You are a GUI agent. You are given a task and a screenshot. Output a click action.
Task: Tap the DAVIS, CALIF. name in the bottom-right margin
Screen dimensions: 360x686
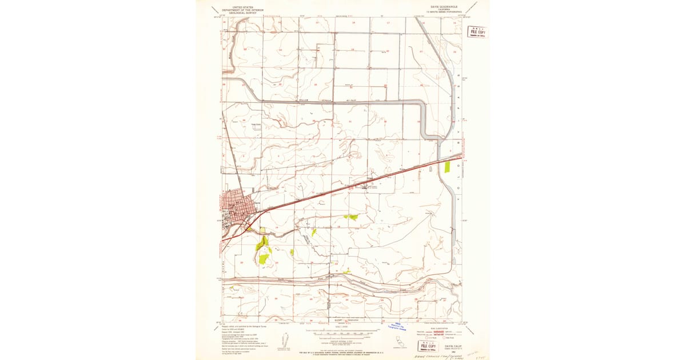click(x=455, y=345)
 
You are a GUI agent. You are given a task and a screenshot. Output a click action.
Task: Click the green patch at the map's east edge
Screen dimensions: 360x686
click(x=447, y=167)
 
